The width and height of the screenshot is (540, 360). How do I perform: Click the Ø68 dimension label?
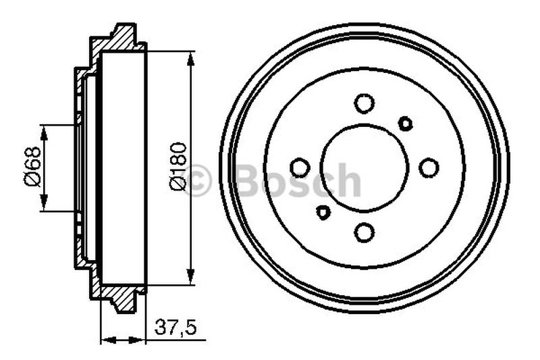click(x=32, y=168)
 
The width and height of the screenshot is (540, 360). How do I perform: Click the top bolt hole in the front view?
click(x=364, y=103)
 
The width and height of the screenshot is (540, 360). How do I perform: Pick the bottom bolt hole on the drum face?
click(x=364, y=232)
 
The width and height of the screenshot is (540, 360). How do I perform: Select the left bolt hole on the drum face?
click(x=300, y=168)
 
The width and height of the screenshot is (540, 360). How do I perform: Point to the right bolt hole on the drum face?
click(x=429, y=168)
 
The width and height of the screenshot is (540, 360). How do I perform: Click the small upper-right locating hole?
click(x=406, y=123)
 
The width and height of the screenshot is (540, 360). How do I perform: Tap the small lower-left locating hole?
click(x=323, y=212)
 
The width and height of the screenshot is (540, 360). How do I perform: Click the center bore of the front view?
click(x=364, y=168)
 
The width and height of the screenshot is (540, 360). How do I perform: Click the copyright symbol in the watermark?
click(x=197, y=182)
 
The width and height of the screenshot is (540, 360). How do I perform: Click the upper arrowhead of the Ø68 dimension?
click(x=45, y=132)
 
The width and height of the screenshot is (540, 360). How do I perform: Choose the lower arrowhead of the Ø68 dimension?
click(x=45, y=204)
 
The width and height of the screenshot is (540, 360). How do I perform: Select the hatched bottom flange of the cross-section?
click(x=122, y=297)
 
